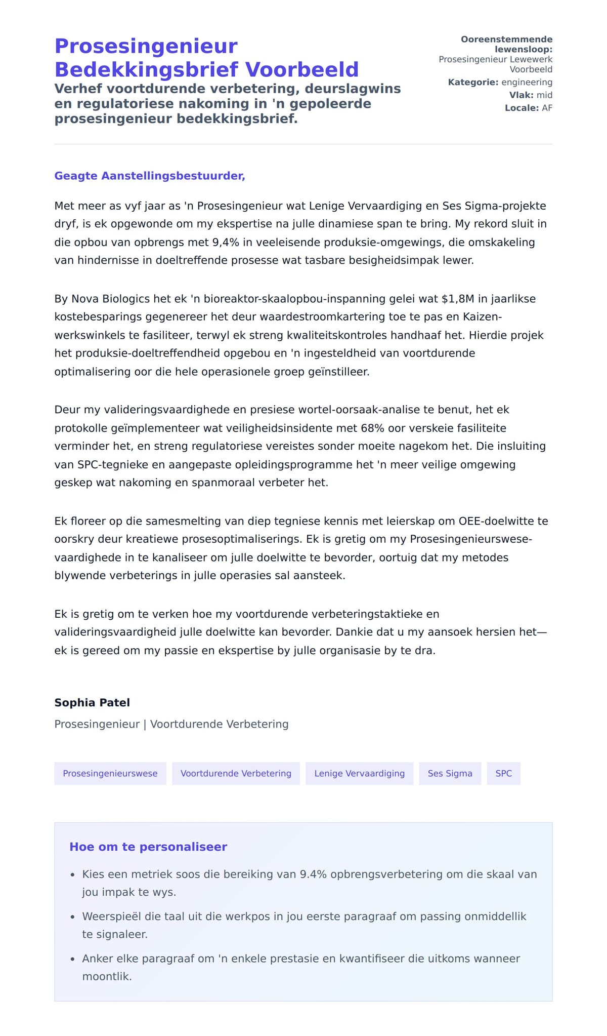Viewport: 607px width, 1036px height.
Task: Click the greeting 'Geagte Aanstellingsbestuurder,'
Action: point(150,176)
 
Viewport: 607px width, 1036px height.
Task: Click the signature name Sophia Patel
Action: point(92,702)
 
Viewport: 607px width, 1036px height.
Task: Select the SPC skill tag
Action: point(503,773)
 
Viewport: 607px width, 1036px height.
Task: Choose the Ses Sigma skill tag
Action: point(450,773)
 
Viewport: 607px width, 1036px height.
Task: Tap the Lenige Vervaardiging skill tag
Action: point(359,773)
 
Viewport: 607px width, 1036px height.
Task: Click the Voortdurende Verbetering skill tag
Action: point(236,773)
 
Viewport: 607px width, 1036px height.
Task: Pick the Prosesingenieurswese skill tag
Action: point(110,773)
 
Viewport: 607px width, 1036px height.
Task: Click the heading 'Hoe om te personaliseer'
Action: point(148,847)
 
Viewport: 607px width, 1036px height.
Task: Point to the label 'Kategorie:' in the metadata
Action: point(473,82)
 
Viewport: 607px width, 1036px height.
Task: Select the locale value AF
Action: point(547,108)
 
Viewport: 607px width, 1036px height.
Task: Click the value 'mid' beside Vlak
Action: point(544,95)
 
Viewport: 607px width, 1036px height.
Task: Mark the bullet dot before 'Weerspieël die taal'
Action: point(72,917)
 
